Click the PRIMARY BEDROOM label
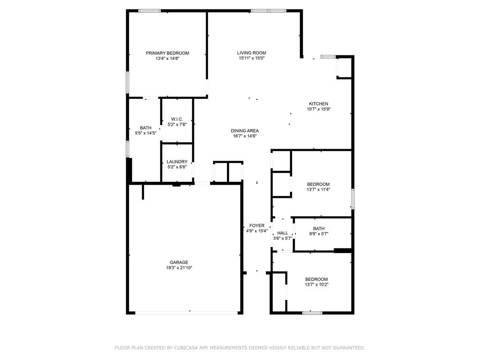(167, 53)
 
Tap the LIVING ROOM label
(252, 52)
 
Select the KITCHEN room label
(318, 104)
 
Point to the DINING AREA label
(245, 131)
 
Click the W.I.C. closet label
(177, 119)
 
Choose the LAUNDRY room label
(177, 162)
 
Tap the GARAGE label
(179, 262)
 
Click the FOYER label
(257, 225)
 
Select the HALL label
(283, 233)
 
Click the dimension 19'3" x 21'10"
(179, 268)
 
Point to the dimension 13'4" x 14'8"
(167, 58)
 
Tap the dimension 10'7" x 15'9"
(319, 109)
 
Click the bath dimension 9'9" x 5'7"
(319, 234)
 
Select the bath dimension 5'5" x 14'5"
(146, 133)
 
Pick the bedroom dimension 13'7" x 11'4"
(318, 189)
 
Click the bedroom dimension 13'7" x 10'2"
(316, 285)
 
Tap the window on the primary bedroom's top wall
(150, 11)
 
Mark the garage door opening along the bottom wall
(187, 313)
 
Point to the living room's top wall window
(269, 11)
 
